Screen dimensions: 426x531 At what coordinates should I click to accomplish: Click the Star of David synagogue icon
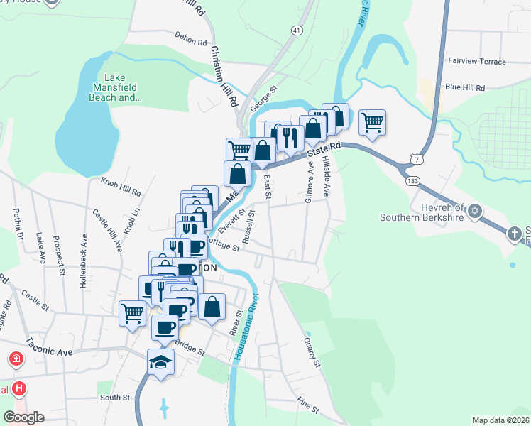point(475,212)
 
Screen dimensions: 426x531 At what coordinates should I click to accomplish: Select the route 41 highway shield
point(296,31)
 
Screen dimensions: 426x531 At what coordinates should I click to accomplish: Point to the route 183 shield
point(412,181)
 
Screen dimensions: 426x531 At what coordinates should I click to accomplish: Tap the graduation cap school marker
point(161,362)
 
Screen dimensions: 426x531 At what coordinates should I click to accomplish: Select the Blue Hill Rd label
point(464,87)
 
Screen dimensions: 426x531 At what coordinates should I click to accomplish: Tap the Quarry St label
point(312,352)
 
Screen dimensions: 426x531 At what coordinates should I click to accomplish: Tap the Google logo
point(23,417)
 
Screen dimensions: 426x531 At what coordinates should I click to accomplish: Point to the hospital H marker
point(21,389)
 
